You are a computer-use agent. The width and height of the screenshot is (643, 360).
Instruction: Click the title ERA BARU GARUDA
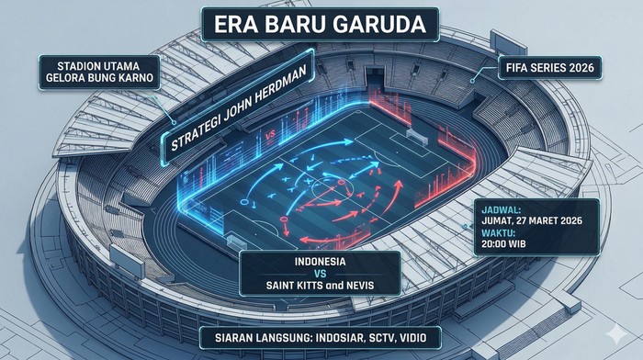click(x=321, y=25)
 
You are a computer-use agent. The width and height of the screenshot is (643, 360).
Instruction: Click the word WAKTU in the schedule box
click(x=498, y=233)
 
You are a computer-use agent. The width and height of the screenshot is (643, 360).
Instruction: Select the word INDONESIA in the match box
click(x=319, y=261)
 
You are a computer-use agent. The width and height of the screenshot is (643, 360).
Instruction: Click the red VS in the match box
click(x=319, y=274)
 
